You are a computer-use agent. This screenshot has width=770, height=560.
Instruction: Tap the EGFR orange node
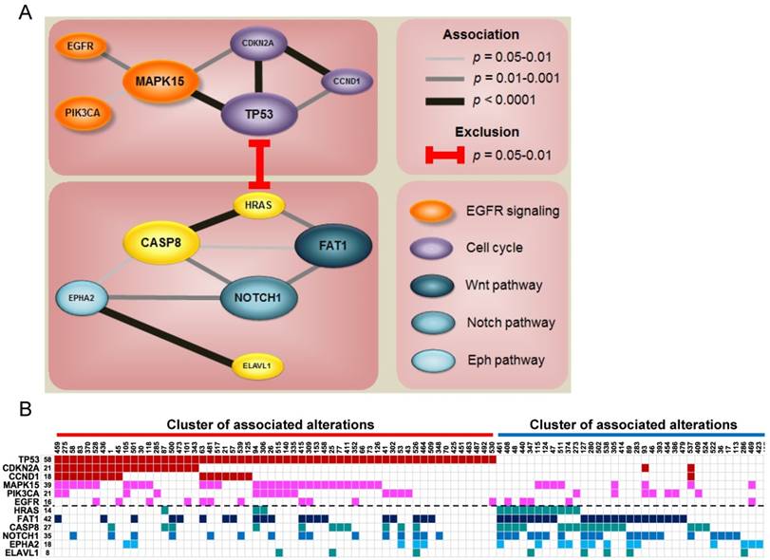click(81, 44)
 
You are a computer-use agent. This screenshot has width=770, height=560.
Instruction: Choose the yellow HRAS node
click(260, 205)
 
